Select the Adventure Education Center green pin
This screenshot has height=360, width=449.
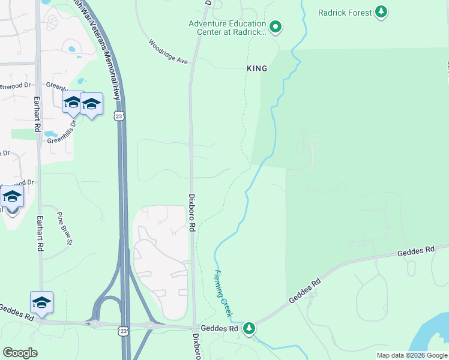276,26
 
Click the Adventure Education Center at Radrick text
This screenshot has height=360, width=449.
227,28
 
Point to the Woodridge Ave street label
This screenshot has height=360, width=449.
169,52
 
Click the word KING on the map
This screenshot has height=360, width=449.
257,69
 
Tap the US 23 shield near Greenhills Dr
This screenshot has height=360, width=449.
120,115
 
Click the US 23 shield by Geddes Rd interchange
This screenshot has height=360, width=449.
123,331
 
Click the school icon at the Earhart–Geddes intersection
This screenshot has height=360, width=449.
42,302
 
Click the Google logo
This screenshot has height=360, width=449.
20,353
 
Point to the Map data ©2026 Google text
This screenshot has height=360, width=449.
411,355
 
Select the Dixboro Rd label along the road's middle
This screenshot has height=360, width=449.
193,212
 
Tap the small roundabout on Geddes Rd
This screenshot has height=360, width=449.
95,324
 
